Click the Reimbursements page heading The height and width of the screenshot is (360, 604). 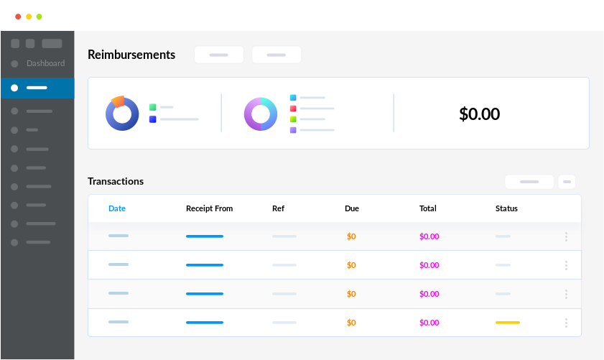[131, 55]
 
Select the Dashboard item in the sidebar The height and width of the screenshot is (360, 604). [45, 63]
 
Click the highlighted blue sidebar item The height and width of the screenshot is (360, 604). [37, 88]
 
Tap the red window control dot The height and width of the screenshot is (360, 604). [18, 17]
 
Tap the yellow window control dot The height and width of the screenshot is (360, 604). [29, 17]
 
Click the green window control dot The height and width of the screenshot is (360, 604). [39, 17]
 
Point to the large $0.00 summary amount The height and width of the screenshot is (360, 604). [479, 114]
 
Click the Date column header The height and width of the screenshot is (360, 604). [117, 208]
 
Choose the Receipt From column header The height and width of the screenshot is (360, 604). [209, 208]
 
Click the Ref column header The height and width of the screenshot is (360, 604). [278, 208]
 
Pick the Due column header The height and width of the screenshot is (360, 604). [352, 208]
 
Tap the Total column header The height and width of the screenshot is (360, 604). [427, 208]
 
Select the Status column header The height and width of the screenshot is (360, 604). [506, 208]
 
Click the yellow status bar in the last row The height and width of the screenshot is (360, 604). [507, 323]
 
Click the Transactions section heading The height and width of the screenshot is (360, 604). [116, 181]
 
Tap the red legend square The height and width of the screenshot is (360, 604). [293, 109]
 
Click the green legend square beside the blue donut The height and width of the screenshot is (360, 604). [152, 107]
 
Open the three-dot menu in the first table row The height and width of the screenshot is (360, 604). [566, 236]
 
